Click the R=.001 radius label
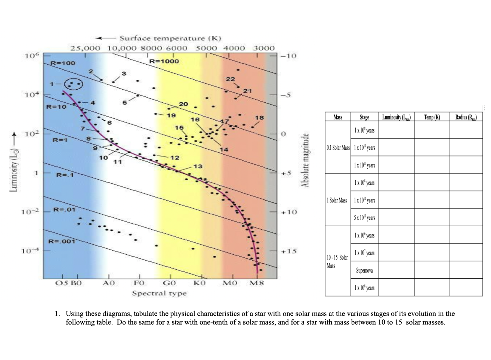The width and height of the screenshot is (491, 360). click(x=62, y=241)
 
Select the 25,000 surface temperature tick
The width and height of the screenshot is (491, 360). click(x=85, y=48)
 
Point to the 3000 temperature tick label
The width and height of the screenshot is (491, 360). click(x=264, y=48)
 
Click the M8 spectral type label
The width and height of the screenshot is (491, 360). click(x=257, y=283)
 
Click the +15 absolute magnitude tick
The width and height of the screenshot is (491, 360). click(x=289, y=251)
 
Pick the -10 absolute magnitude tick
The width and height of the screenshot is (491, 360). click(x=289, y=56)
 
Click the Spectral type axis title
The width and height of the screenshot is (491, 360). click(x=159, y=293)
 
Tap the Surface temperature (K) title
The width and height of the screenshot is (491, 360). click(x=170, y=38)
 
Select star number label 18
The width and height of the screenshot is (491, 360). click(x=259, y=118)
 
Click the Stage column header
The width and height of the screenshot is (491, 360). click(x=364, y=117)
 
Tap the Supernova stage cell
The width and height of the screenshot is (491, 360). click(x=364, y=270)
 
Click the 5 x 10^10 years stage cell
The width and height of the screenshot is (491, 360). click(x=364, y=217)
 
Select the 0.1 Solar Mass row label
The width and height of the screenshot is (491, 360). click(x=338, y=148)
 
